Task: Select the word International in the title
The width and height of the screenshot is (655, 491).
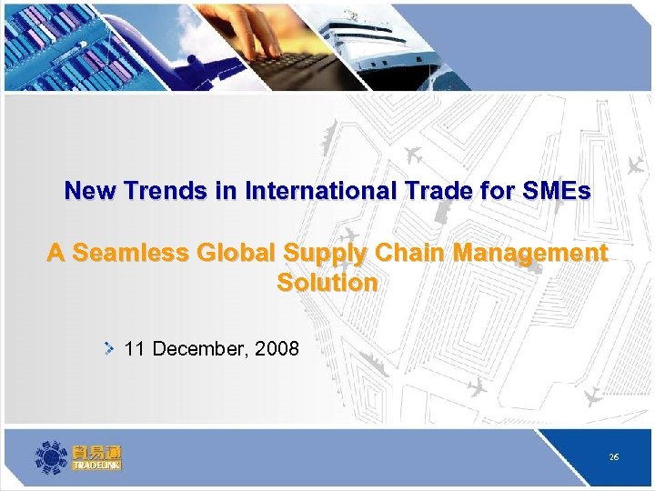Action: [301, 191]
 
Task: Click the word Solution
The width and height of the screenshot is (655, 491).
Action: [327, 283]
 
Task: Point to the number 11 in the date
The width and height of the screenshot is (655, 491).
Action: [135, 348]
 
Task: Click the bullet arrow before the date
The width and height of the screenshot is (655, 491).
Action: [108, 347]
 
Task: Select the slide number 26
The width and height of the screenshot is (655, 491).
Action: [614, 457]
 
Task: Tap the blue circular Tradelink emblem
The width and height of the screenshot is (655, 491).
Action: [51, 456]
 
